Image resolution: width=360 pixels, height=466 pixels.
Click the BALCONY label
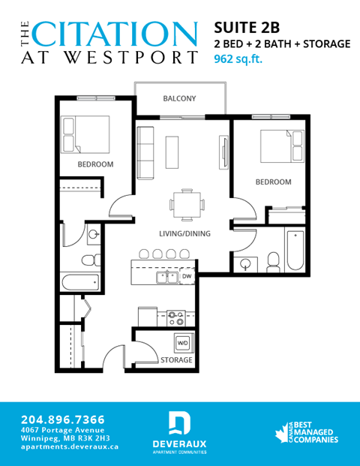click(x=179, y=98)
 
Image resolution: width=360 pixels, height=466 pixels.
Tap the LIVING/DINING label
click(x=184, y=233)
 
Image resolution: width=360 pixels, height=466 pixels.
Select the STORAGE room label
click(x=176, y=360)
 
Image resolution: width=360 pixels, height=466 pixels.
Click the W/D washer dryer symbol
click(x=182, y=343)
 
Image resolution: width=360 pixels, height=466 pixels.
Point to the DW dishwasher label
click(x=186, y=277)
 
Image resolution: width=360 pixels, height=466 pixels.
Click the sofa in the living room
click(x=145, y=148)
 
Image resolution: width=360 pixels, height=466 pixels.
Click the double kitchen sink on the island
click(x=166, y=278)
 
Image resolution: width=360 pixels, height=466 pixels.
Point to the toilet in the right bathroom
click(x=273, y=260)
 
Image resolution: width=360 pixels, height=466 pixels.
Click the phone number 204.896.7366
click(x=63, y=419)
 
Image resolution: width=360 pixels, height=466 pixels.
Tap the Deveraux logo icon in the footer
click(x=179, y=422)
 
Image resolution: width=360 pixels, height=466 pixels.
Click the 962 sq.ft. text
click(x=238, y=59)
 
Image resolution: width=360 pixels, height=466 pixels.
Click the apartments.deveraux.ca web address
click(x=70, y=446)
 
